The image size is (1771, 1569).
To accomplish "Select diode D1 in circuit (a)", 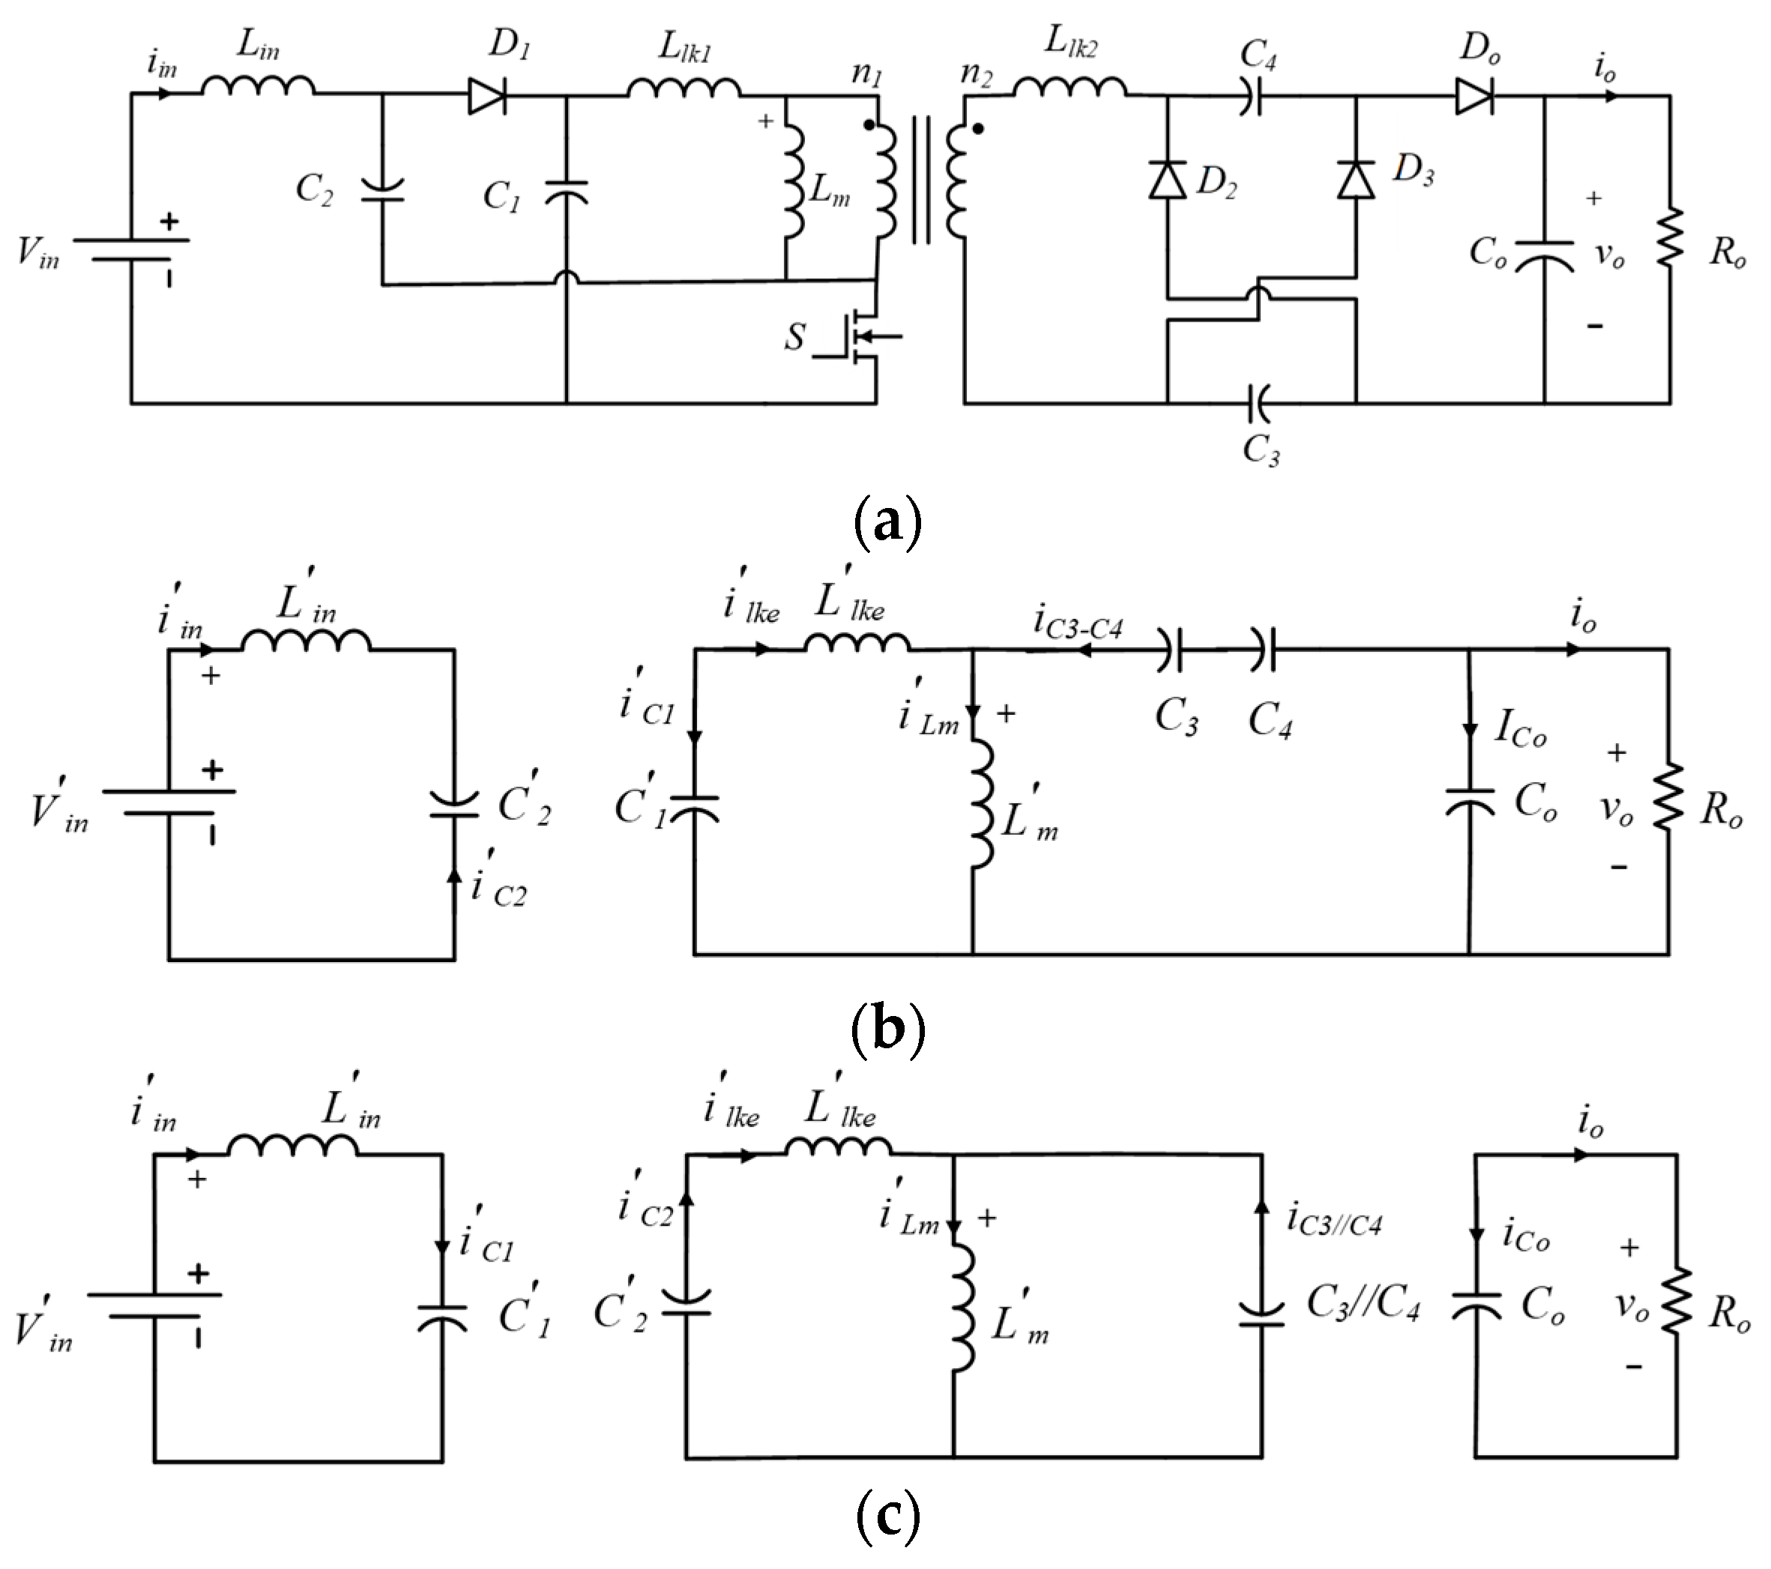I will tap(487, 96).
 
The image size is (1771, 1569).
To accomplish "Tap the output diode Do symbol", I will tap(1473, 96).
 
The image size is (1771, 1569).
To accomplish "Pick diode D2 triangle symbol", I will tap(1167, 181).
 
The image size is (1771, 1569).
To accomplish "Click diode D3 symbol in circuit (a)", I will tap(1356, 181).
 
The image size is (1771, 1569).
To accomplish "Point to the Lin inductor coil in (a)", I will tap(259, 85).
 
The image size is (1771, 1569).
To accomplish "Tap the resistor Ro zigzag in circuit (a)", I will tap(1670, 237).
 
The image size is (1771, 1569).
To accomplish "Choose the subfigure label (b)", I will tap(888, 1027).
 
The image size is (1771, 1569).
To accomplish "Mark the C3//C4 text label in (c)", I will tap(1363, 1303).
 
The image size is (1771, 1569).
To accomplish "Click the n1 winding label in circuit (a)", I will tap(866, 73).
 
